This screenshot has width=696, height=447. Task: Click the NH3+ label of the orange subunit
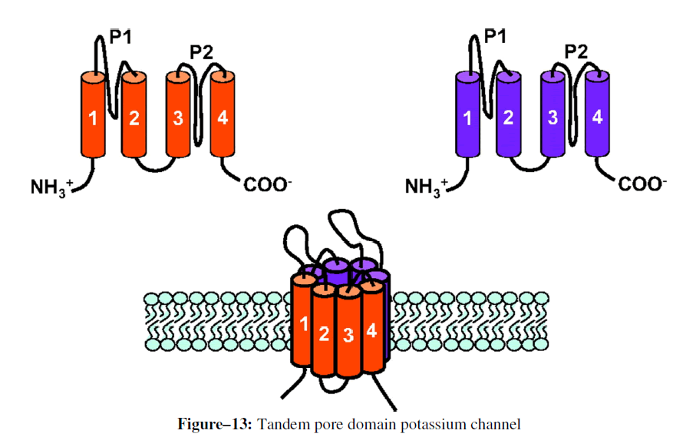coord(52,186)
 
